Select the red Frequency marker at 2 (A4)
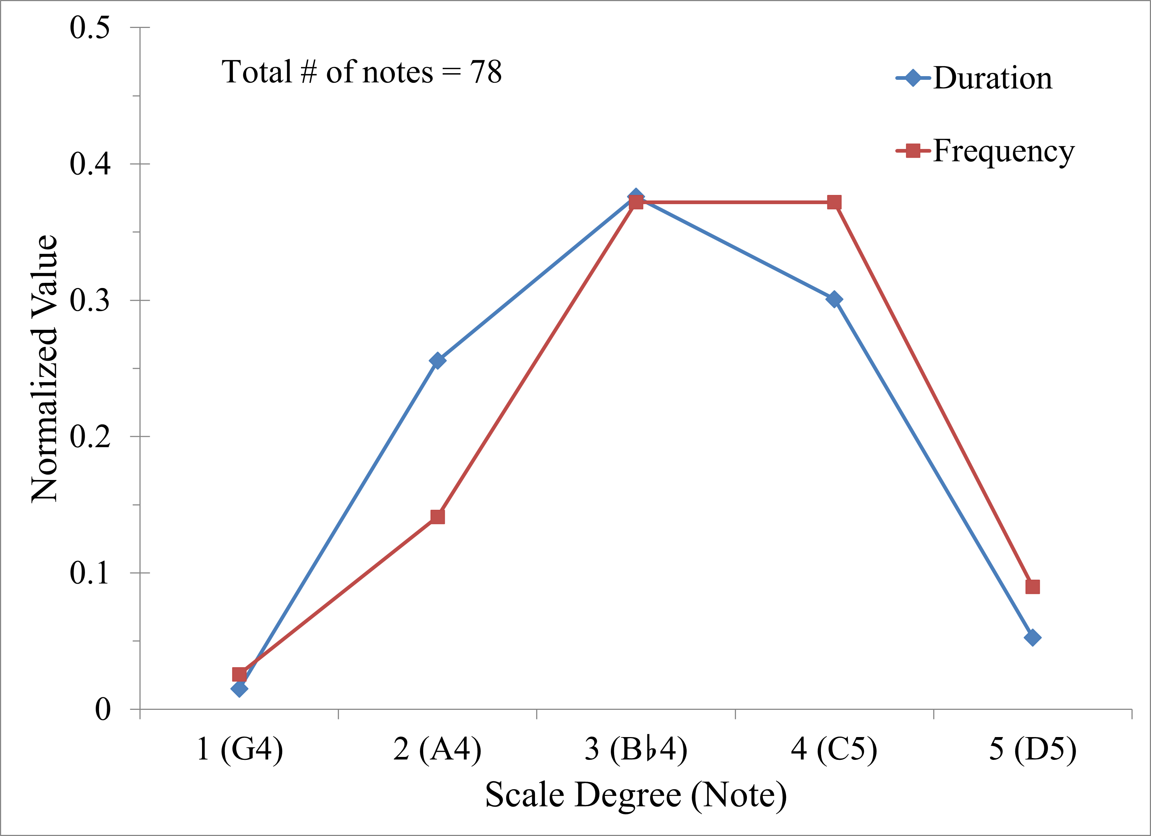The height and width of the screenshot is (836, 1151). point(438,516)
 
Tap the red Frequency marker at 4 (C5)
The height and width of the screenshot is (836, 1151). point(834,202)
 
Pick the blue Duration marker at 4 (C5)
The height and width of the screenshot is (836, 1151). point(834,299)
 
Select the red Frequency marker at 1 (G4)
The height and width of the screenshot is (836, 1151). point(239,674)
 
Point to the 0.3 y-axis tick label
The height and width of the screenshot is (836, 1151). point(90,300)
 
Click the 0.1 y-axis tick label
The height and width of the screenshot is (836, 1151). point(90,573)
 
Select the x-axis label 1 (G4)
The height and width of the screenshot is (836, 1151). point(240,749)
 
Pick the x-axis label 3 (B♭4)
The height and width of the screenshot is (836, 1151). point(636,749)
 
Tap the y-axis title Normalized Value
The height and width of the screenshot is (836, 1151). point(45,369)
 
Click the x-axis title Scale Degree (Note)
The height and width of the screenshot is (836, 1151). point(636,795)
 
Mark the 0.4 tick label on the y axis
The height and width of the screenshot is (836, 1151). point(90,164)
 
